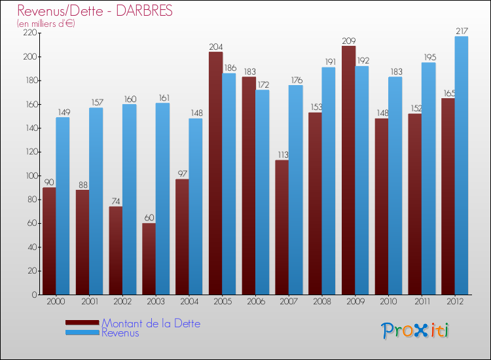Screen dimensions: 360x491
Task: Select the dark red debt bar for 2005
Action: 215,173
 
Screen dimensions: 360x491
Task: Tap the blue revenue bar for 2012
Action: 462,165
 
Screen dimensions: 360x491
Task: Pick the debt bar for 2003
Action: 149,259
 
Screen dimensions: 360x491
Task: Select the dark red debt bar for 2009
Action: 348,170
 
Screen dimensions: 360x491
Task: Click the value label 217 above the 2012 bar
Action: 462,31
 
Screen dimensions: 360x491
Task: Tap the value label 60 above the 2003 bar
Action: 149,218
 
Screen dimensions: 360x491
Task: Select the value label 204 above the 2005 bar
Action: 215,46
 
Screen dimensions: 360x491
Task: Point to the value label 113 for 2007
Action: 282,155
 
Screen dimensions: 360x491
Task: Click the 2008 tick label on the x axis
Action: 321,302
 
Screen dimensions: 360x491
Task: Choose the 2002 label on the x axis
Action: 122,302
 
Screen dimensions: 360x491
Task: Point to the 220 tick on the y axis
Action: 28,33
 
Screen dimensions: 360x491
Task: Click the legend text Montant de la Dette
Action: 151,323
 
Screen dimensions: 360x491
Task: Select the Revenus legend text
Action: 120,333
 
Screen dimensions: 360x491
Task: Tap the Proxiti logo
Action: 415,331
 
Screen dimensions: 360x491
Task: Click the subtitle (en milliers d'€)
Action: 46,24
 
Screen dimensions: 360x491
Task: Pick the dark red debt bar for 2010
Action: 382,206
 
